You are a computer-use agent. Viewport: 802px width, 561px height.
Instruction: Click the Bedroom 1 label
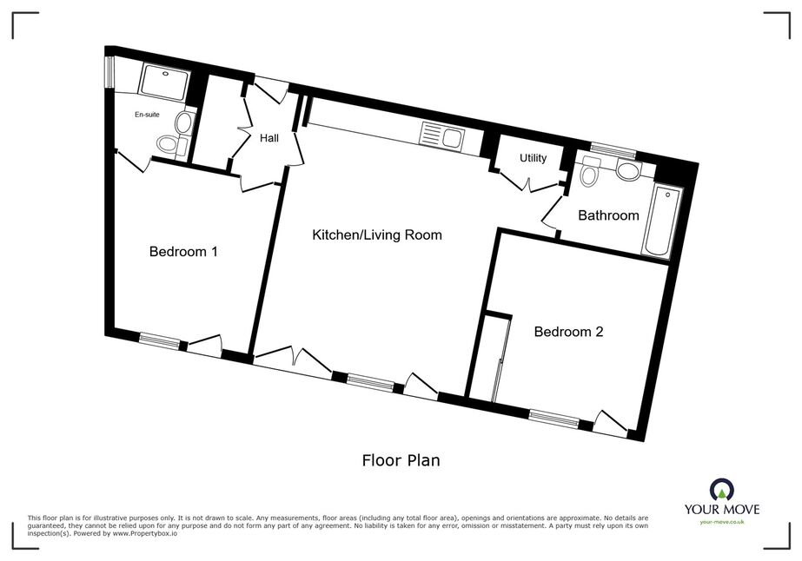point(183,252)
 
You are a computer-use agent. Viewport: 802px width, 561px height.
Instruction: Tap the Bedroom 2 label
point(568,332)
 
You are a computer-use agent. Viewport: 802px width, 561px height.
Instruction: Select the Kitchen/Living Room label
point(377,235)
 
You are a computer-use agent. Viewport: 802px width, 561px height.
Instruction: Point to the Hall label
point(269,138)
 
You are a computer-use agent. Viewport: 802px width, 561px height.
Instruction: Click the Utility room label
point(533,159)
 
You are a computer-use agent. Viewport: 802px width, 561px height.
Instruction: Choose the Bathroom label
point(608,215)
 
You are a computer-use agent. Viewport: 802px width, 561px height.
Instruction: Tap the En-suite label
point(147,115)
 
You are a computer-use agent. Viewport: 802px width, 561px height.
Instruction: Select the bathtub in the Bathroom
point(663,222)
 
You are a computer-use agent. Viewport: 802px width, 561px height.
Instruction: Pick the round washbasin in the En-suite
point(183,122)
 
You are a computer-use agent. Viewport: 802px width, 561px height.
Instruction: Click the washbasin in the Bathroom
point(628,170)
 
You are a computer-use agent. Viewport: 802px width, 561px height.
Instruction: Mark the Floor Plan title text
point(401,460)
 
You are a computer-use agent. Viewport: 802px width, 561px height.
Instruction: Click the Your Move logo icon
point(722,490)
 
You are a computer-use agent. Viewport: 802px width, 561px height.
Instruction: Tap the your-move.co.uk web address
point(722,522)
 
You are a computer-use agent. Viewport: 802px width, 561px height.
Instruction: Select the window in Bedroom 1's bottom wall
point(160,340)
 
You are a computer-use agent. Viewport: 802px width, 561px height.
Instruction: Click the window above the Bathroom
point(613,150)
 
